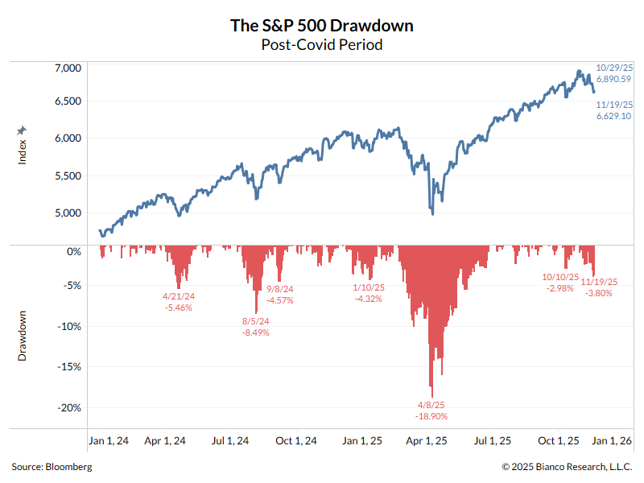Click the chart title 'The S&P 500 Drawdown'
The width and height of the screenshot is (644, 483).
tap(322, 26)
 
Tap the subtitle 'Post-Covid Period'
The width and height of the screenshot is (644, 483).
tap(322, 45)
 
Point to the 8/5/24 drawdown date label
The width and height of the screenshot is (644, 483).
tap(255, 321)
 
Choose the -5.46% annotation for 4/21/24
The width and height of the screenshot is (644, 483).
tap(178, 308)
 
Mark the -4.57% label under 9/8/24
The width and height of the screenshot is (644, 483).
tap(279, 300)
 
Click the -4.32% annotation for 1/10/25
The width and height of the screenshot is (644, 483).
tap(368, 299)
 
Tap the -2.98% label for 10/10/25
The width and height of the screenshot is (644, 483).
tap(560, 287)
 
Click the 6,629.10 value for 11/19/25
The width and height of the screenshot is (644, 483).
tap(613, 117)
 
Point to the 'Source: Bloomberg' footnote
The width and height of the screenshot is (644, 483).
tap(52, 467)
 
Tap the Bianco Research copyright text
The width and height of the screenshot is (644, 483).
tap(567, 467)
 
